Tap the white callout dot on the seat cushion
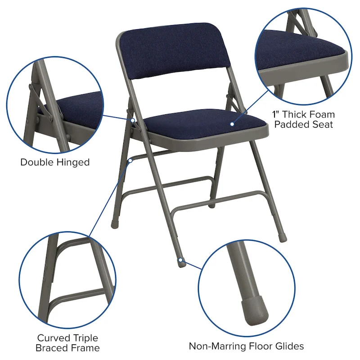click(232, 124)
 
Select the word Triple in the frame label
click(86, 337)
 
